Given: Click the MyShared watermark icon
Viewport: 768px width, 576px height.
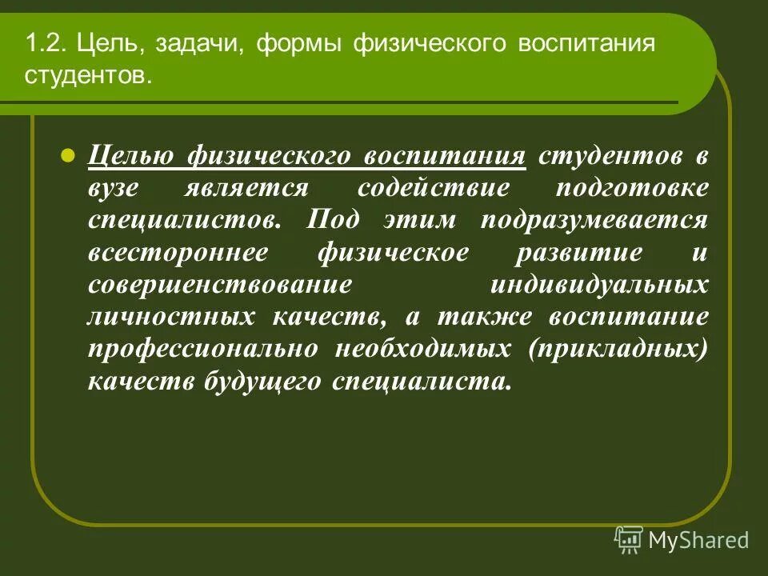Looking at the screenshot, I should point(629,540).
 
